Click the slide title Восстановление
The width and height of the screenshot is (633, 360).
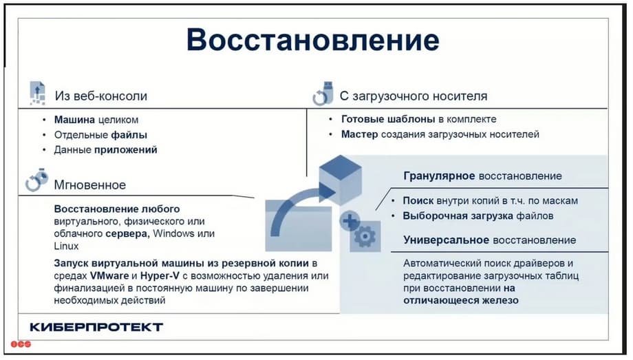click(313, 40)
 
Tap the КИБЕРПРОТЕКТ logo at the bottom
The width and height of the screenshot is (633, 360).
click(96, 327)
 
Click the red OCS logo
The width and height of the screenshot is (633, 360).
click(21, 344)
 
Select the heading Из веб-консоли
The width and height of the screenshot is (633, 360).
click(101, 96)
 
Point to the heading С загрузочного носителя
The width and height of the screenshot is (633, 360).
click(414, 96)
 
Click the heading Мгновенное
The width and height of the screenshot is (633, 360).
click(90, 185)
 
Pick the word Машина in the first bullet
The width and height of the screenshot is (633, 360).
click(74, 120)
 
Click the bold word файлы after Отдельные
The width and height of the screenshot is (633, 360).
click(129, 134)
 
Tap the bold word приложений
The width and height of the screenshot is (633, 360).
click(125, 150)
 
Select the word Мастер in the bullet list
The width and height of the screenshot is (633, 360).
click(359, 134)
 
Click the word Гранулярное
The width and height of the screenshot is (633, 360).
click(439, 176)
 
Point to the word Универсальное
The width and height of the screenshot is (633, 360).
click(447, 240)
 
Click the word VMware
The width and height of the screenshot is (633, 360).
click(109, 276)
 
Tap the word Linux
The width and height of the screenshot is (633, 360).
click(66, 246)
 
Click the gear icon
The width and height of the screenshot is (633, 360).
click(365, 236)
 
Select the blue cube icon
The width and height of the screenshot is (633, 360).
click(341, 180)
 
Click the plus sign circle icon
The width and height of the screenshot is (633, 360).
click(350, 221)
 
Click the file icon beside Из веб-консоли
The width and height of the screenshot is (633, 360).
click(38, 94)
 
